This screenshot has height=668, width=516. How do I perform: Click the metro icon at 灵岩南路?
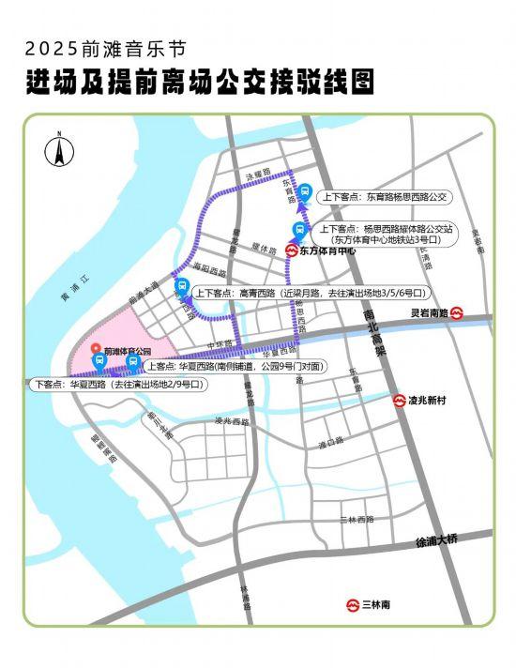(457, 313)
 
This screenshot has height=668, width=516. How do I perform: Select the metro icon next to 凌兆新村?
(399, 401)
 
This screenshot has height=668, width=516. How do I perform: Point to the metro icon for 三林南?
(353, 605)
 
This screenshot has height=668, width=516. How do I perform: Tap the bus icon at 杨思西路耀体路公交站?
(299, 231)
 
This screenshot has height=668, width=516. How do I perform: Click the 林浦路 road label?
(247, 598)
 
